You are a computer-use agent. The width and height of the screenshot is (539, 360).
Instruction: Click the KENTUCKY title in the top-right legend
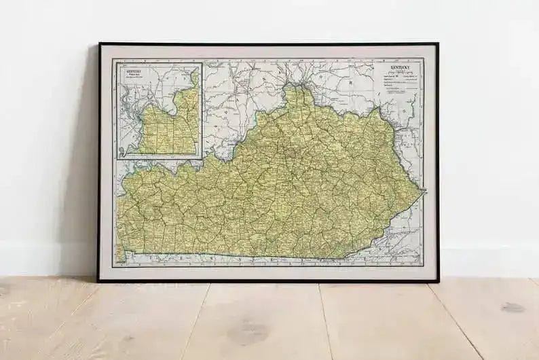click(400, 69)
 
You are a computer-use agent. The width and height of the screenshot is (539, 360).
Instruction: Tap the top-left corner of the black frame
click(99, 43)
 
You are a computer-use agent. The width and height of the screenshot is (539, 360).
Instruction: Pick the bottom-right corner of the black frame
click(439, 281)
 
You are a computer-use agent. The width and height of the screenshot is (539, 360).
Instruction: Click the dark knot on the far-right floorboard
click(513, 307)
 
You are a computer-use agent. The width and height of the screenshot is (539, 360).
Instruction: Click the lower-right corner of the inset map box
click(202, 158)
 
